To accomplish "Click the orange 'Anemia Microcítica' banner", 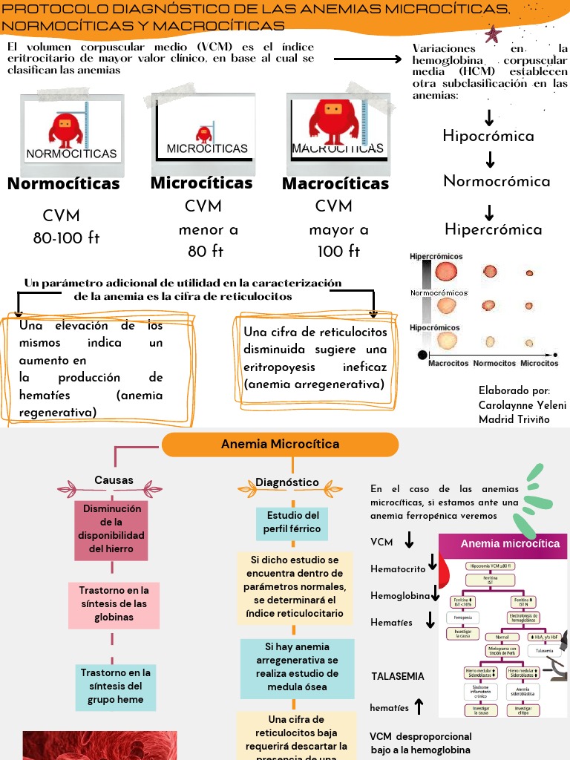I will tap(280, 445).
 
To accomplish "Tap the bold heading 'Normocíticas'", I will tap(63, 184).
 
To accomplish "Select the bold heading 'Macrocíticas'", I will tap(335, 184).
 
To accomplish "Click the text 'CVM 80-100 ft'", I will tap(65, 227).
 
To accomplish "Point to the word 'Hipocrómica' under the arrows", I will tap(488, 136).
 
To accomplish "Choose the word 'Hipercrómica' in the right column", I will tap(493, 229).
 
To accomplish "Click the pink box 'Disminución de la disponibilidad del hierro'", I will tap(111, 529).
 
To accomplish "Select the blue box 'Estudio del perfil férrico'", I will tap(292, 522).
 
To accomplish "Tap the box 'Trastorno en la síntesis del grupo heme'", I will tap(115, 686).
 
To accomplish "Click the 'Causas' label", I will tap(114, 480).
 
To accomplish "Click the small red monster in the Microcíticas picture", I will tap(202, 134).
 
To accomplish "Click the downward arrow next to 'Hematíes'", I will tap(430, 621).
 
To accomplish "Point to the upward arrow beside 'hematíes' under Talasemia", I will tap(419, 707).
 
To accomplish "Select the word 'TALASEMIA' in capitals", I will tap(398, 676).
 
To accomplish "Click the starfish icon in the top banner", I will tap(491, 34).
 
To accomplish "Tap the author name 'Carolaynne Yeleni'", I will tap(522, 404).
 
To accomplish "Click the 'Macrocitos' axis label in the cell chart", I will tap(448, 363).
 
